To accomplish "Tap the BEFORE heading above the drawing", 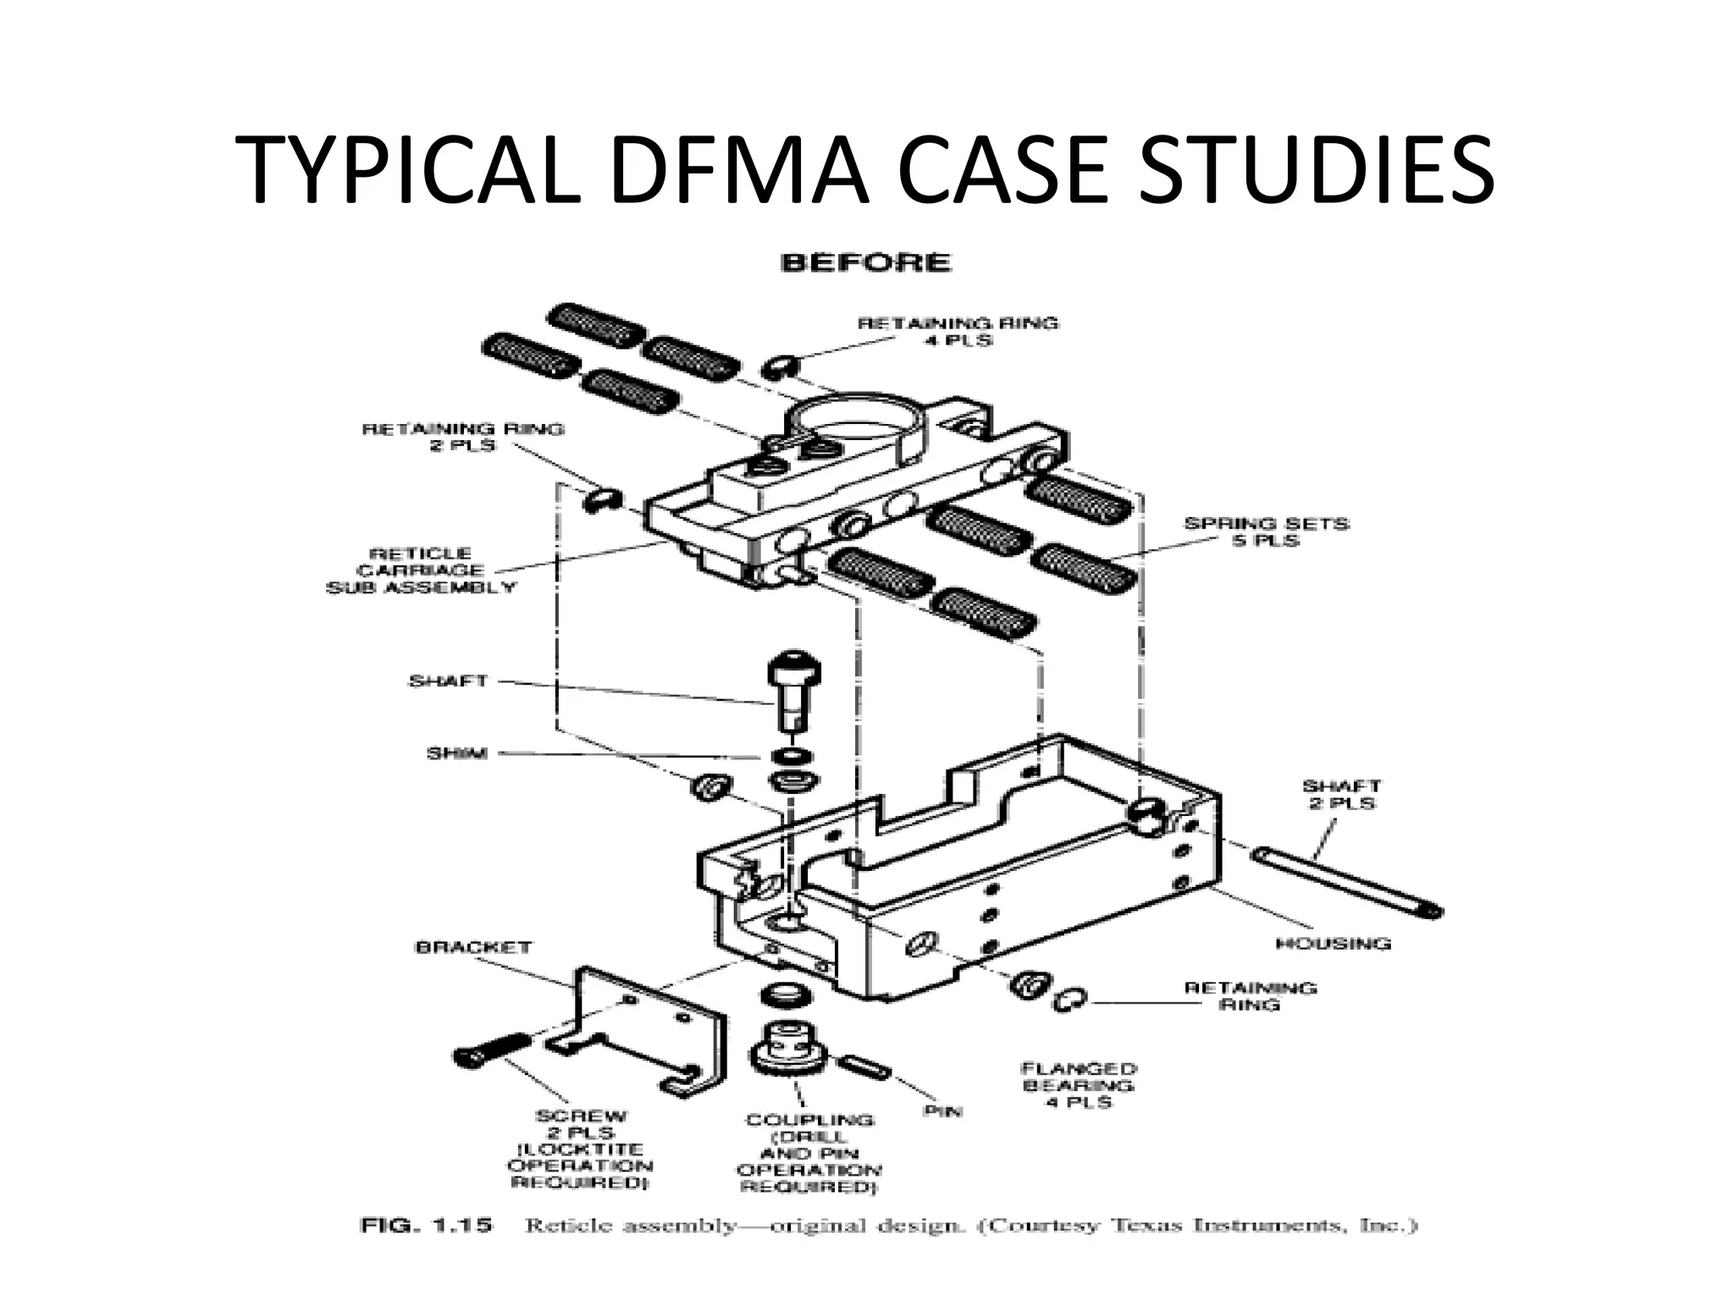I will tap(865, 262).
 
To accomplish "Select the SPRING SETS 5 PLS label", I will tap(1265, 532).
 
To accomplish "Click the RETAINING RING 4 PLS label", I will tap(958, 331).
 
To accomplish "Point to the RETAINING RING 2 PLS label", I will tap(462, 437).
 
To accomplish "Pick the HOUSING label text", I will tap(1333, 943).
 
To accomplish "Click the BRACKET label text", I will tap(473, 947).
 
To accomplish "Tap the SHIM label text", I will tap(456, 752).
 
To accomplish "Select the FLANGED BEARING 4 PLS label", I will tap(1078, 1085).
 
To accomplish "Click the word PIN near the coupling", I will tap(942, 1110).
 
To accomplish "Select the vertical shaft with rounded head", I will tap(793, 690).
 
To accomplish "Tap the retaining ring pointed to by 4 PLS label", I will tap(777, 366).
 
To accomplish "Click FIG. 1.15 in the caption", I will tap(426, 1226).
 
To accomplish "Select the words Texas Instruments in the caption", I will tap(1256, 1226).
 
